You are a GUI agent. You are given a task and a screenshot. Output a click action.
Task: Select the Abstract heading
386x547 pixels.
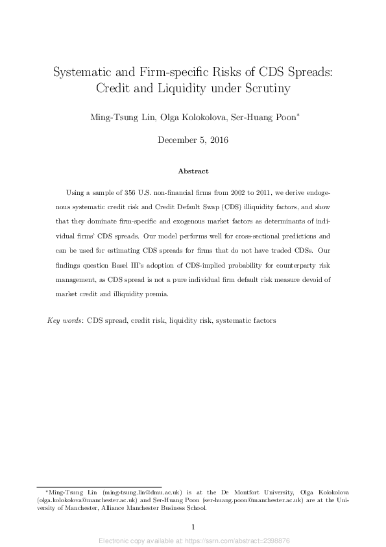click(x=193, y=172)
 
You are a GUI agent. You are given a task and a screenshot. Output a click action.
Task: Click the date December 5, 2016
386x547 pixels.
click(x=193, y=140)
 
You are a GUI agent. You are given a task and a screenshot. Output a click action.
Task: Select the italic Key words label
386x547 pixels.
click(x=65, y=321)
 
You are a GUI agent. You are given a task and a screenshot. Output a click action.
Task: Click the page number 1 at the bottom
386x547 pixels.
click(x=193, y=527)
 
